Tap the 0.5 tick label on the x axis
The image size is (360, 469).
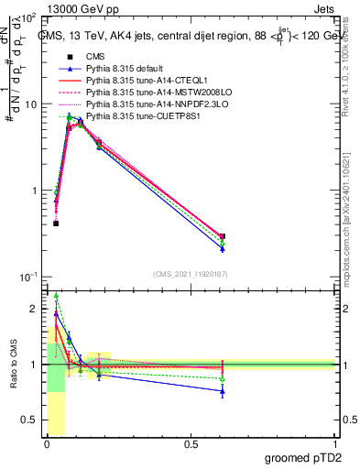pos(191,445)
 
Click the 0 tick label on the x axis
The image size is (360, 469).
pos(47,445)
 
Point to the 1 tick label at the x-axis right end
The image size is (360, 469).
pos(335,445)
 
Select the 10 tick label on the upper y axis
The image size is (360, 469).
pos(29,104)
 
